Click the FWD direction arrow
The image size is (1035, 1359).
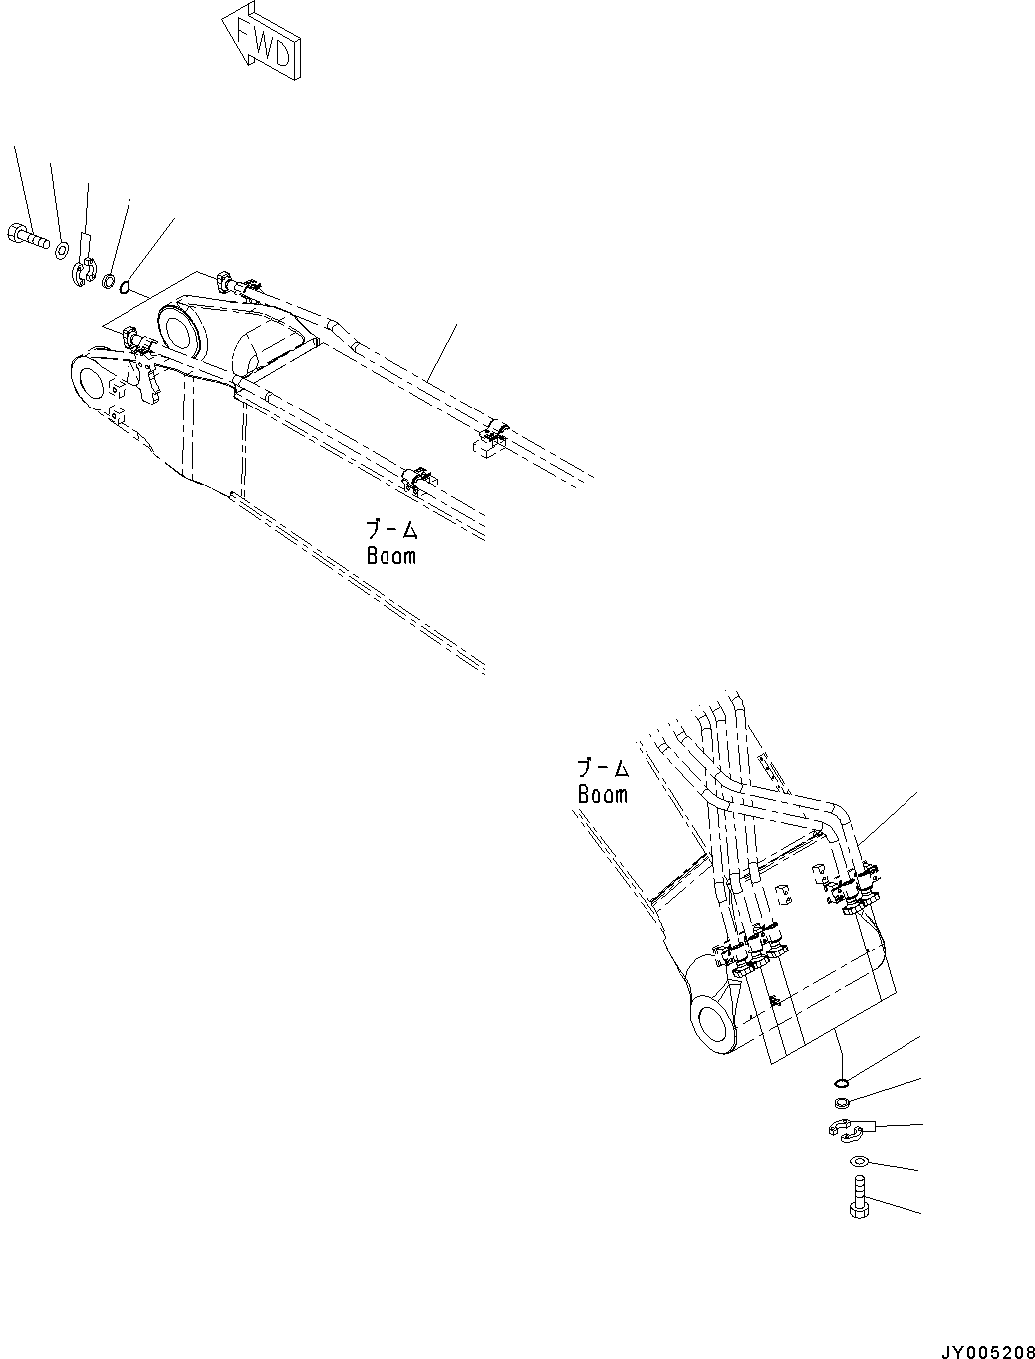262,44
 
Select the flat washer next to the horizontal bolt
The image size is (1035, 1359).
61,247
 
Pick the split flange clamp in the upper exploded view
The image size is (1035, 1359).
84,269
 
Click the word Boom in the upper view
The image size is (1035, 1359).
390,556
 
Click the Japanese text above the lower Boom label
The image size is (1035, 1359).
603,768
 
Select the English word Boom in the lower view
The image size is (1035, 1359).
602,794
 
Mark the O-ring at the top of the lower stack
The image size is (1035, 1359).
841,1083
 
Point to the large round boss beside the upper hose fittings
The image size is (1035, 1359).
179,331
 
